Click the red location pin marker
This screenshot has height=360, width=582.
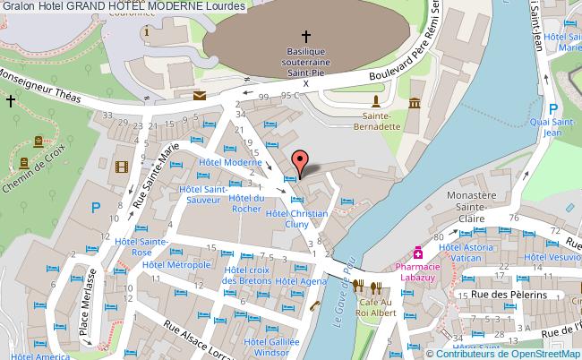click(302, 161)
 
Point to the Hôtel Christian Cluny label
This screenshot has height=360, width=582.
click(296, 219)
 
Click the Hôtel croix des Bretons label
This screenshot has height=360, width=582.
click(247, 275)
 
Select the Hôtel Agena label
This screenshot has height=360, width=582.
click(301, 281)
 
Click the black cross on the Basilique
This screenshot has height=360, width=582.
click(306, 37)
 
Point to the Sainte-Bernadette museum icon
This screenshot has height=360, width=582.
click(415, 106)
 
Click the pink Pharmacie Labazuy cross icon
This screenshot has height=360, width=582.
click(417, 253)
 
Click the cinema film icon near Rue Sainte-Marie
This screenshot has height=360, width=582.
click(122, 166)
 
